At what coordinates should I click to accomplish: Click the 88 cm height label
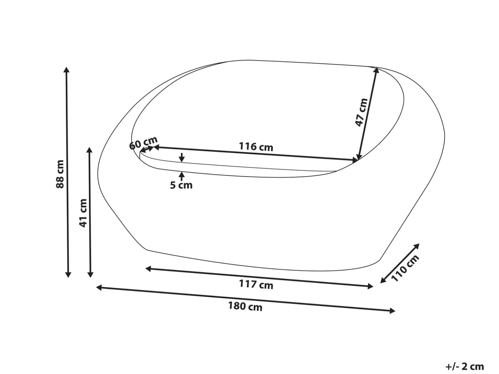tap(60, 174)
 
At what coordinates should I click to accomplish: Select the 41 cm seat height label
tap(83, 213)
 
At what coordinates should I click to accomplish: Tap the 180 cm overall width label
tap(245, 306)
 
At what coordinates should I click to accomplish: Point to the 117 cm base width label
tap(256, 284)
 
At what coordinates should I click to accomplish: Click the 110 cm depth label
tap(405, 268)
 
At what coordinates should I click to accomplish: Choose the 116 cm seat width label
tap(256, 147)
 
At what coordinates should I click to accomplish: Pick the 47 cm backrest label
tap(362, 112)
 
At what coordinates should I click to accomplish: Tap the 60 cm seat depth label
tap(143, 143)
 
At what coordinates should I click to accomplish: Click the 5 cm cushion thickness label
tap(181, 185)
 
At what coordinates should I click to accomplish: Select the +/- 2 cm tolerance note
tap(465, 367)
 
